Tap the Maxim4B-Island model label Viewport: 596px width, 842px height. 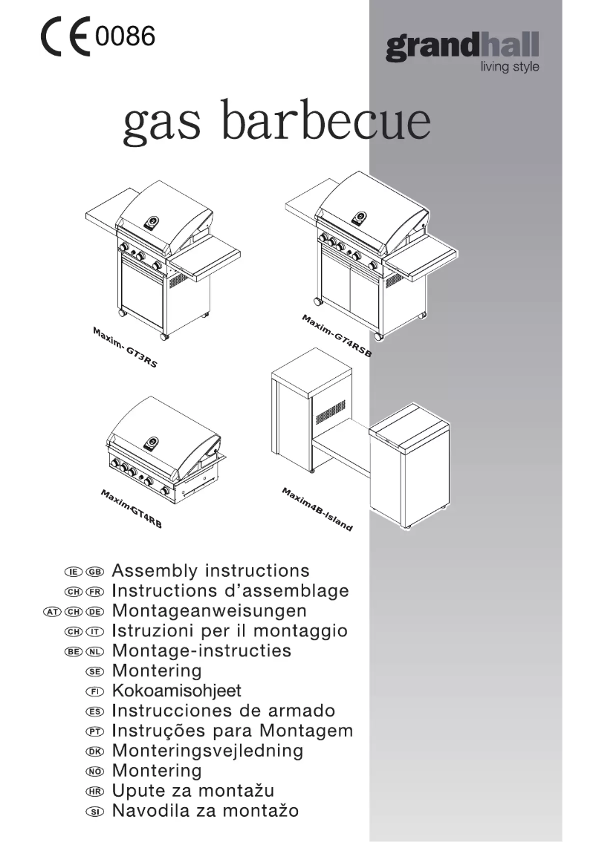(317, 509)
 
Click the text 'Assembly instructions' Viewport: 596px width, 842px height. (210, 571)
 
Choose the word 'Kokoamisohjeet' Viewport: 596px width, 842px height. (177, 691)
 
